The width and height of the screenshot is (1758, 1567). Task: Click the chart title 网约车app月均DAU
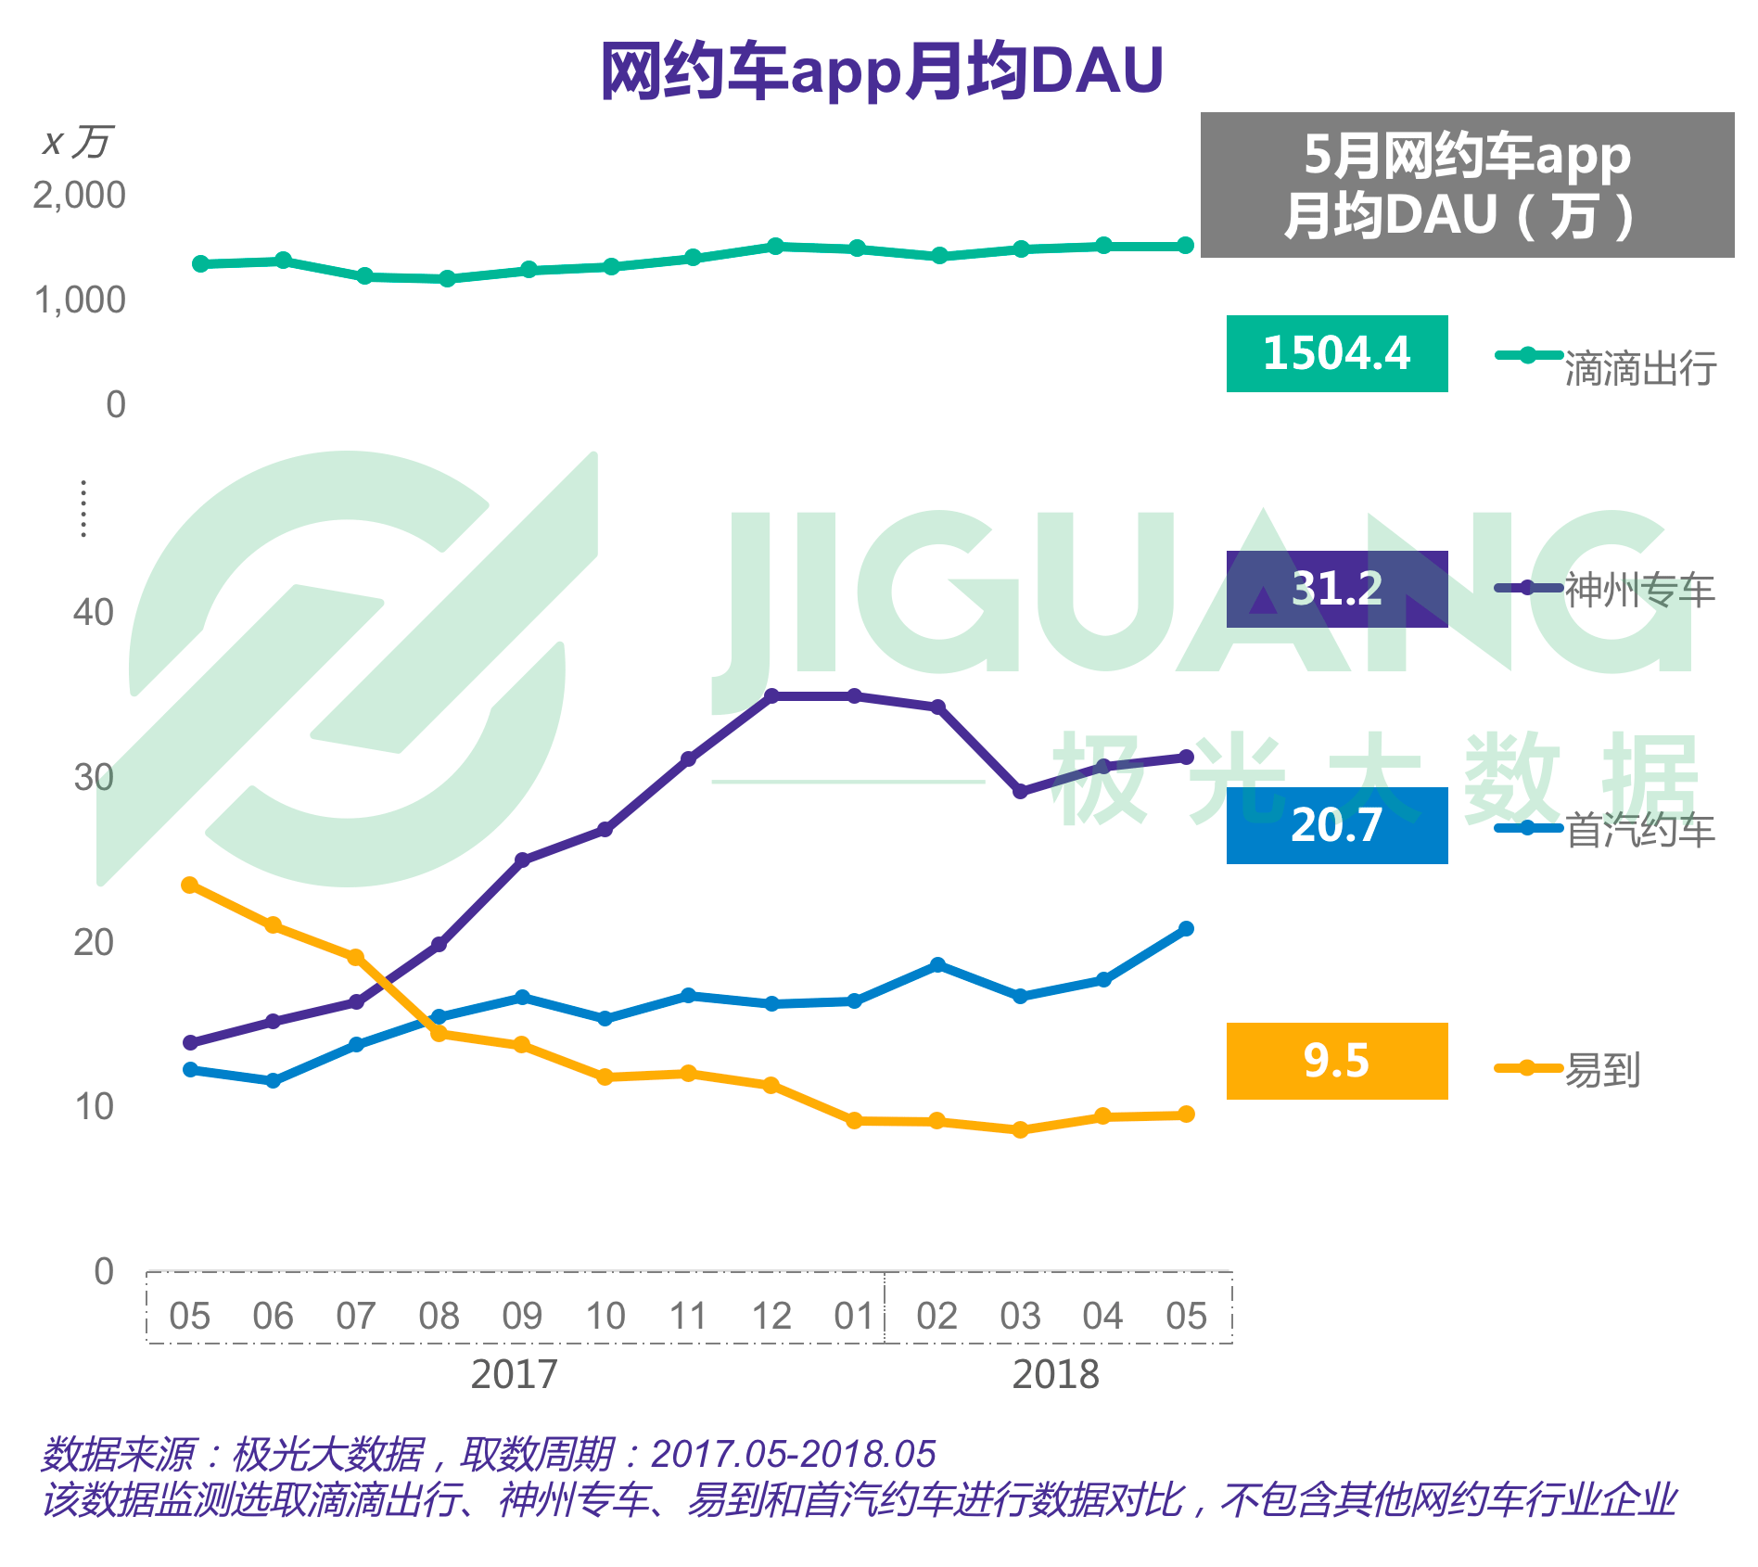[882, 70]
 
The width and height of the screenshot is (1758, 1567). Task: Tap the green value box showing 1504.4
[1336, 353]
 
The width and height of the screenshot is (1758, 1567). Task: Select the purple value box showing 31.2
[1336, 589]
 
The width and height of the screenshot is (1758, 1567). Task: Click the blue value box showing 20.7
[1336, 825]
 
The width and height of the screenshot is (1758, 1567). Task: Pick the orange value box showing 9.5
[1336, 1061]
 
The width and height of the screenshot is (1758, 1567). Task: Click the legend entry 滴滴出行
[1639, 368]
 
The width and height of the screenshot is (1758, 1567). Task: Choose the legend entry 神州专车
[1639, 591]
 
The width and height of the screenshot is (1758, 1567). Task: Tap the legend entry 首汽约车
[1639, 830]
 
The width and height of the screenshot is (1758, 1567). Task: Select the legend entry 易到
[1602, 1070]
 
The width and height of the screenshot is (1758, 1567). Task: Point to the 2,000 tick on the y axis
[79, 196]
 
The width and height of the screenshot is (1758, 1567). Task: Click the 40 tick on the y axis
[93, 613]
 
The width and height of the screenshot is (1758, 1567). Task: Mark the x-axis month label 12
[771, 1316]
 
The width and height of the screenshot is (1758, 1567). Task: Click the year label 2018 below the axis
[1055, 1374]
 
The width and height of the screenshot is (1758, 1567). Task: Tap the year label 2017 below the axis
[515, 1374]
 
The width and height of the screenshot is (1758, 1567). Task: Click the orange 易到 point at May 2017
[190, 885]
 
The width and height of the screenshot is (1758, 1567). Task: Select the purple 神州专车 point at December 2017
[771, 695]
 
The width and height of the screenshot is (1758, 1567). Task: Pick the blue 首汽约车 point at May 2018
[1186, 929]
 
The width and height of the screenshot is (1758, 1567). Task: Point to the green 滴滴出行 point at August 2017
[448, 278]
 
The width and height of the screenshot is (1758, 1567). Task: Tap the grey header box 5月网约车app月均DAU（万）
[1467, 185]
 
